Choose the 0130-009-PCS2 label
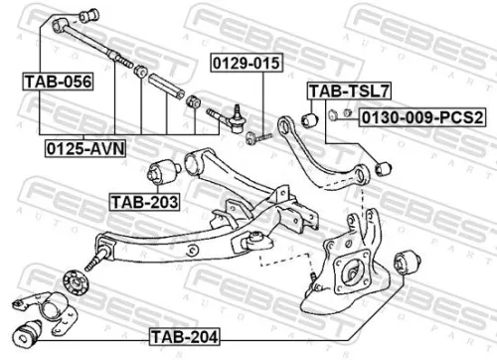[421, 117]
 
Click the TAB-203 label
[144, 201]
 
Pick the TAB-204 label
[183, 335]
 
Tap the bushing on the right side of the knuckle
[406, 264]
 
